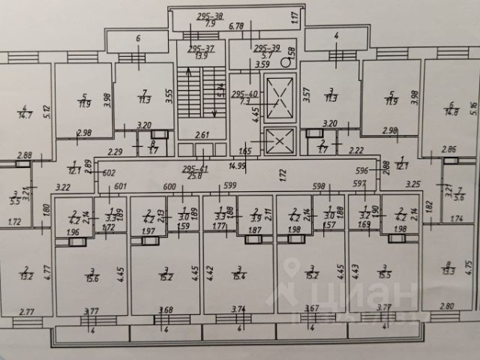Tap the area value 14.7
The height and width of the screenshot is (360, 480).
[x=25, y=116]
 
